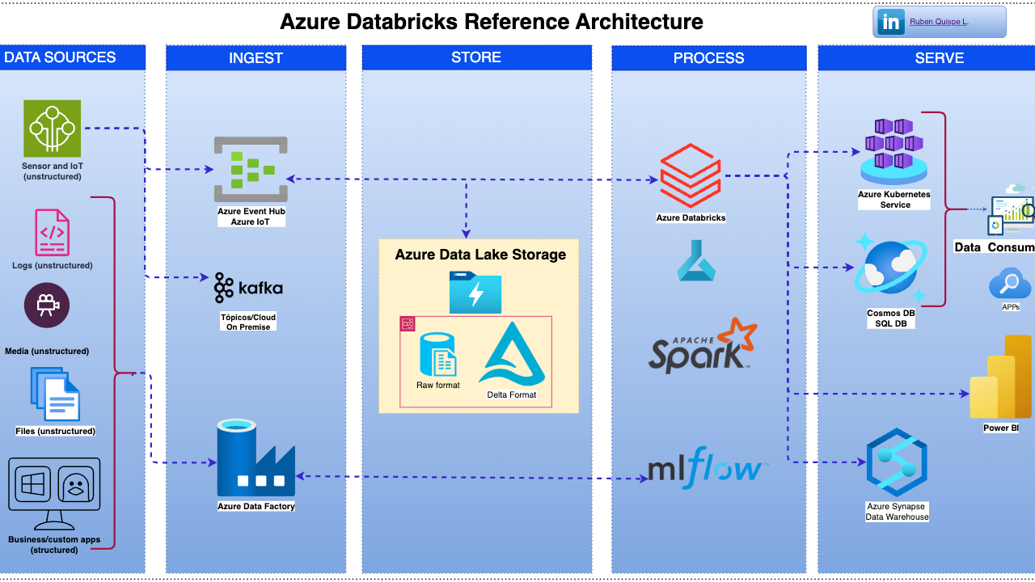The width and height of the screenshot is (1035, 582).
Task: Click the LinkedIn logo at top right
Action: [x=890, y=23]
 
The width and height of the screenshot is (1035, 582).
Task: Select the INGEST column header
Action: [x=256, y=58]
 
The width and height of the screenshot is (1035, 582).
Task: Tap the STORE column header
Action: [x=476, y=57]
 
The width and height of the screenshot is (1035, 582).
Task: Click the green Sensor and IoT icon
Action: [x=52, y=128]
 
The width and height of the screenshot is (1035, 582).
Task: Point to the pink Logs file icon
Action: [x=52, y=233]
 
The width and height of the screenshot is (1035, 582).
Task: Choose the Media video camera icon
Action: [x=47, y=305]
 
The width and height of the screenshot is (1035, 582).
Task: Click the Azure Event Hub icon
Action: [x=251, y=169]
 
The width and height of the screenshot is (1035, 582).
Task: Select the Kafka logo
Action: [x=249, y=288]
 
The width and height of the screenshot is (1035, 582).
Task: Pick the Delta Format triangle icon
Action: [x=512, y=355]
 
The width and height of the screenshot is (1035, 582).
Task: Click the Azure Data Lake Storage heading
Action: [x=480, y=255]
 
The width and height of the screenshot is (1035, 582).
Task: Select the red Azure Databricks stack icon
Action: [x=690, y=175]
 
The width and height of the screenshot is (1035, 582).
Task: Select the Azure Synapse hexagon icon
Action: [x=896, y=463]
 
